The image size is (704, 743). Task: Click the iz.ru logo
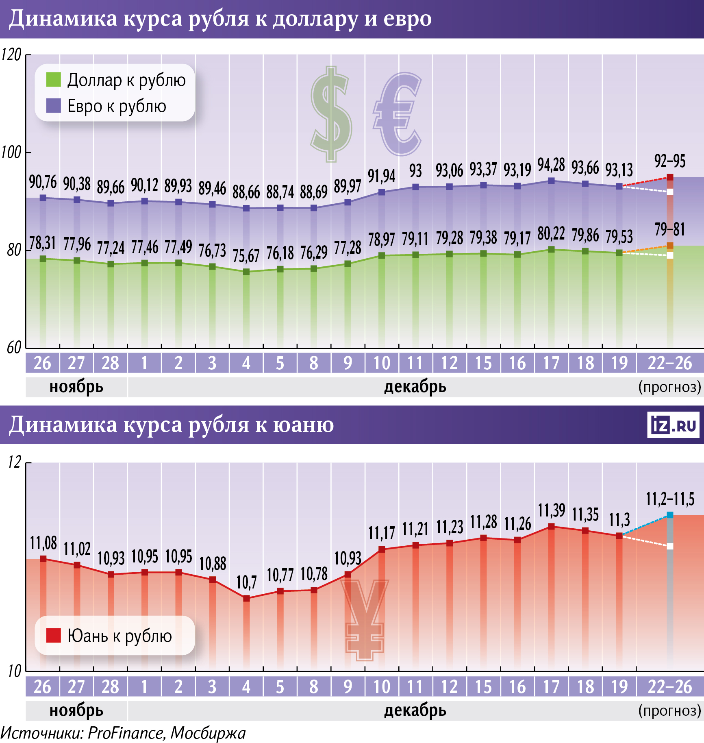coord(673,425)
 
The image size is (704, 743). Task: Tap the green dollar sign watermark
coord(331,115)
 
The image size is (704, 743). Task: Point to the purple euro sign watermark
coord(398,115)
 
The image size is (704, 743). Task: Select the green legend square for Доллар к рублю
coord(53,80)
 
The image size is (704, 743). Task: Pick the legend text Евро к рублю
coord(117,106)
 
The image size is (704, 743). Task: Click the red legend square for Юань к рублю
coord(53,635)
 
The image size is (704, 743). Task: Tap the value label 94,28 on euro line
coord(551,165)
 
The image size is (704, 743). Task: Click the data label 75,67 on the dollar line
coord(246,256)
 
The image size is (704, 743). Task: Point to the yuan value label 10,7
coord(246,582)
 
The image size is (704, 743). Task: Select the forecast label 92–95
coord(669,161)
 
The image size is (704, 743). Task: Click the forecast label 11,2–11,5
coord(670,499)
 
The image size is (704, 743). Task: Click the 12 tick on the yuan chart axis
coord(14,462)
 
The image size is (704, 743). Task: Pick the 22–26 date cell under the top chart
coord(669,363)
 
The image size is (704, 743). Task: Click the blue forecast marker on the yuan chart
coord(670,515)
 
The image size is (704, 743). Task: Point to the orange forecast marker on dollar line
coord(670,246)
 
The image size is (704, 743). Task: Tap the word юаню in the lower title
coord(303,425)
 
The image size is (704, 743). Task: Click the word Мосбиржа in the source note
coord(208,733)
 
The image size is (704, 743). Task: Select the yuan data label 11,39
coord(551,510)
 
